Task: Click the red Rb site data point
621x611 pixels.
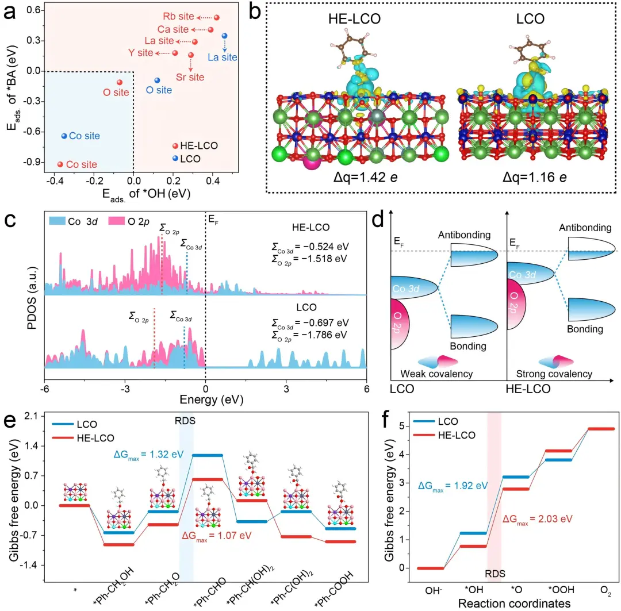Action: [x=216, y=18]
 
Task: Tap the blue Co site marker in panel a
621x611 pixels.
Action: [x=64, y=136]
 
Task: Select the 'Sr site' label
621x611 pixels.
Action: [x=190, y=76]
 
